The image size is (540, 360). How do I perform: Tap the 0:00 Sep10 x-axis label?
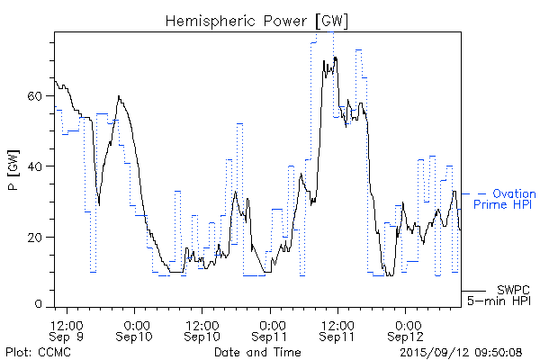[136, 329]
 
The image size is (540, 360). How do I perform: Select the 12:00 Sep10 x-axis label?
[203, 329]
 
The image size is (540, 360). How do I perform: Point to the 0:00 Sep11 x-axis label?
[271, 329]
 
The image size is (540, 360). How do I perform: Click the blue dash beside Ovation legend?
[482, 193]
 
